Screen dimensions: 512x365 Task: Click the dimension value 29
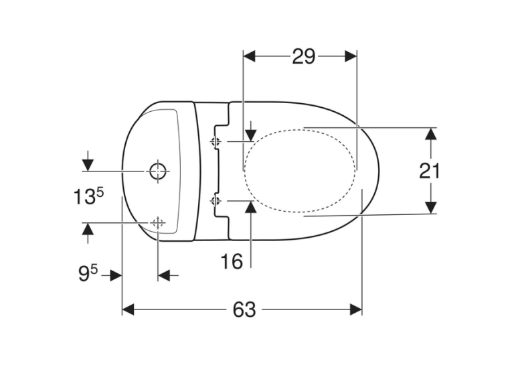(303, 56)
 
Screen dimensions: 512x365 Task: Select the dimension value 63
(244, 309)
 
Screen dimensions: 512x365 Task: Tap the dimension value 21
(429, 171)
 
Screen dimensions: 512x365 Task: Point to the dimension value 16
(232, 261)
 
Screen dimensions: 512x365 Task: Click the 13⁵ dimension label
(88, 197)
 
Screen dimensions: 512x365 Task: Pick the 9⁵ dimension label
(88, 273)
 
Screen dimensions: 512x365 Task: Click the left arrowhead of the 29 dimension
(250, 56)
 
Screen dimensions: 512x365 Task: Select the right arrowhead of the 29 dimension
(351, 56)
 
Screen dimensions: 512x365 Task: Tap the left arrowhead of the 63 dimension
(128, 309)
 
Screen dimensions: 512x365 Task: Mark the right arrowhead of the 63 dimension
(356, 309)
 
